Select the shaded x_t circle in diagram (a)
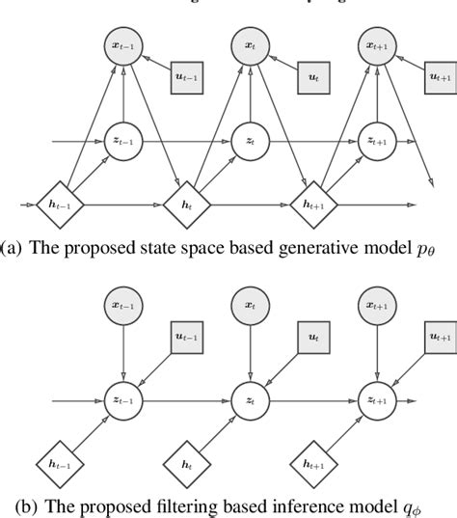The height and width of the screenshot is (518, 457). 249,44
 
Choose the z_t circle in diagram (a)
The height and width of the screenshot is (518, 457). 249,141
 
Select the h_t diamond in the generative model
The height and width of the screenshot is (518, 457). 185,204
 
